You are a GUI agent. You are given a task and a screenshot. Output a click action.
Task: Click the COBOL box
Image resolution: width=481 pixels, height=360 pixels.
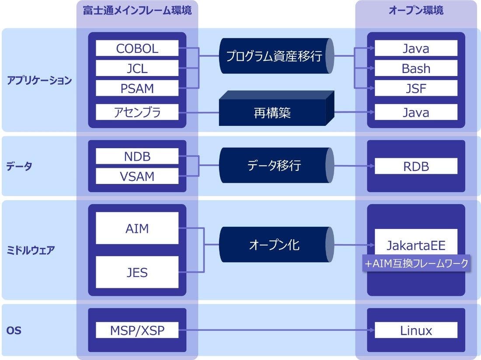pyautogui.click(x=137, y=48)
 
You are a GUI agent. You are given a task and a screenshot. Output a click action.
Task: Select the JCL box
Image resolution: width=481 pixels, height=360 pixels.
pyautogui.click(x=137, y=68)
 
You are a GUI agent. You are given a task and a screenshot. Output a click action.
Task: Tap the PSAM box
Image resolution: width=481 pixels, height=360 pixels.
pyautogui.click(x=137, y=88)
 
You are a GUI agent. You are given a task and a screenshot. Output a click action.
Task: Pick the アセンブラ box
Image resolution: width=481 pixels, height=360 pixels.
pyautogui.click(x=137, y=112)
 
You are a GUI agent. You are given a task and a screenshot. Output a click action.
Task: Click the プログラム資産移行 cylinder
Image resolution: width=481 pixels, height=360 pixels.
pyautogui.click(x=276, y=56)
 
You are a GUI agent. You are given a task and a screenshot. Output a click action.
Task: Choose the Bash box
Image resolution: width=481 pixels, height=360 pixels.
pyautogui.click(x=416, y=68)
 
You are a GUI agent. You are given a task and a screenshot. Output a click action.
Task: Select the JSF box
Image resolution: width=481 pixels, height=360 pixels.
pyautogui.click(x=416, y=88)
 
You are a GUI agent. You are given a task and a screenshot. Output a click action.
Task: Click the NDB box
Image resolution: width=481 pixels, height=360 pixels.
pyautogui.click(x=137, y=156)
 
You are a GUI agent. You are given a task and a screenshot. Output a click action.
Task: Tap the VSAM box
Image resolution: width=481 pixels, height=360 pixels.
pyautogui.click(x=137, y=176)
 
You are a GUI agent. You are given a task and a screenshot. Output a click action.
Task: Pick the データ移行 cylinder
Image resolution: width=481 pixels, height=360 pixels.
pyautogui.click(x=276, y=166)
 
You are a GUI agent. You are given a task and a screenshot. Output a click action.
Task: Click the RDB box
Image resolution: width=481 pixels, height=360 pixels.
pyautogui.click(x=416, y=166)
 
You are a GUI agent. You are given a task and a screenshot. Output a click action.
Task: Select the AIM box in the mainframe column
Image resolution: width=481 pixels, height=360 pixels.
pyautogui.click(x=137, y=228)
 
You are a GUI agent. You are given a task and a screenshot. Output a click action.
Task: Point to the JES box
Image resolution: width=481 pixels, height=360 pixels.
pyautogui.click(x=137, y=272)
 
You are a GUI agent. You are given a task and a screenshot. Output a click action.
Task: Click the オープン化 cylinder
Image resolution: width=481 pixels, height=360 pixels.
pyautogui.click(x=276, y=245)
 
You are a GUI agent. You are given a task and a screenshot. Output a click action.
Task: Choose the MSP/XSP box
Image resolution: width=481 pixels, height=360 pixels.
pyautogui.click(x=137, y=330)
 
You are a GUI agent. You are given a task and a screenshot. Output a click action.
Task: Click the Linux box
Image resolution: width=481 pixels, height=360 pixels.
pyautogui.click(x=416, y=330)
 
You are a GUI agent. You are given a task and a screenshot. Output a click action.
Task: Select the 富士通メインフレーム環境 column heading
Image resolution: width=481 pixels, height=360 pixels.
pyautogui.click(x=137, y=10)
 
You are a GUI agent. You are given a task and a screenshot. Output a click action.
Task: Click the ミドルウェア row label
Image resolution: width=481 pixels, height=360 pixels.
pyautogui.click(x=30, y=250)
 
